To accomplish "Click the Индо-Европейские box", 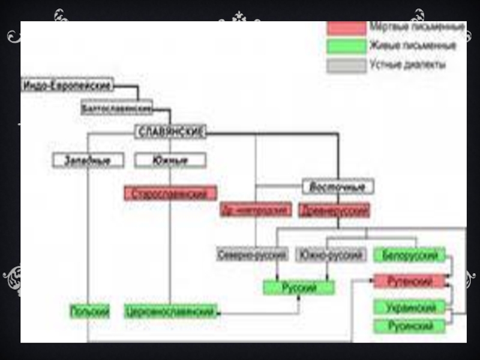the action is (x=67, y=85).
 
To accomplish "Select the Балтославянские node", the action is (x=117, y=108).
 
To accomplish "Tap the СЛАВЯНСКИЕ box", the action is (x=170, y=132).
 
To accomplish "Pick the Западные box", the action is (x=88, y=160).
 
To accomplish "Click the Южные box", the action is (x=170, y=160).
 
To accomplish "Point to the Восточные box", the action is (x=338, y=187).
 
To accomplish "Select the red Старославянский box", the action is (x=170, y=193).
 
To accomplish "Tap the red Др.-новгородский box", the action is (x=256, y=210).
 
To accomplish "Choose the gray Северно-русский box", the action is (x=253, y=254).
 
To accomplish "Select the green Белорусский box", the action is (x=410, y=255).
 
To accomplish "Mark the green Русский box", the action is (x=299, y=287).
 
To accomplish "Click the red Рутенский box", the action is (x=410, y=280).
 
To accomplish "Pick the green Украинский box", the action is (x=410, y=307).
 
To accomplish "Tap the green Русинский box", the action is (x=410, y=326).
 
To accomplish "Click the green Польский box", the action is (x=90, y=311).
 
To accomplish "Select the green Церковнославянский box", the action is (x=170, y=311).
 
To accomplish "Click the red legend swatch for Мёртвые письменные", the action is (x=346, y=28).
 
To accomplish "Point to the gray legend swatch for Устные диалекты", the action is (x=346, y=65).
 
